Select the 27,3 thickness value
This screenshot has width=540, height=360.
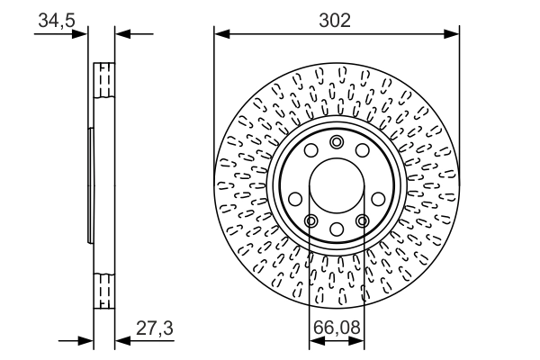click(x=155, y=329)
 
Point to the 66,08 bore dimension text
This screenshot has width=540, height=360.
click(x=337, y=329)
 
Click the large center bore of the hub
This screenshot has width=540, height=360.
click(x=337, y=185)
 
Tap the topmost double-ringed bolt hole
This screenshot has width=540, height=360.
click(x=337, y=142)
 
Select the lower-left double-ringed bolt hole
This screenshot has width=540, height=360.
click(x=310, y=220)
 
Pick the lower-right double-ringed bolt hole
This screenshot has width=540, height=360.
click(x=362, y=220)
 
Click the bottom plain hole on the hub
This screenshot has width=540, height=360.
click(x=337, y=229)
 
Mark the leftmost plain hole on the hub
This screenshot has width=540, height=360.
click(x=294, y=198)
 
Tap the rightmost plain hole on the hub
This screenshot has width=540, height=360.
click(x=378, y=198)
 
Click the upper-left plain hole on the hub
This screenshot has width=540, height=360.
click(x=310, y=152)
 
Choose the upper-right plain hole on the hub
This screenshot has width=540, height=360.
click(x=362, y=152)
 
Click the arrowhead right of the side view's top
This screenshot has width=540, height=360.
click(x=123, y=35)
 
